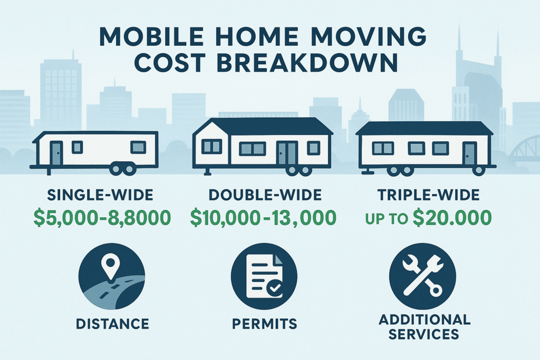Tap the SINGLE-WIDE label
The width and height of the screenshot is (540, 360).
tap(100, 195)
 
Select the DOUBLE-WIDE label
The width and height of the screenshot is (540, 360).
tap(265, 195)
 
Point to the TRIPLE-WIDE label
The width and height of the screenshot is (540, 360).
tap(428, 195)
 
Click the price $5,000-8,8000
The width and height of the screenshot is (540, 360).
tap(102, 218)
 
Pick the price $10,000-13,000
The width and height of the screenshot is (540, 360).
tap(264, 218)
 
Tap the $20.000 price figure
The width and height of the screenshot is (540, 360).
tap(452, 218)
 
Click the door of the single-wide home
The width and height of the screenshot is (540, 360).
tap(56, 153)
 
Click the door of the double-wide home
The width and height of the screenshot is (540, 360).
tap(287, 153)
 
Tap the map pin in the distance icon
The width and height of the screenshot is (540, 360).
tap(110, 267)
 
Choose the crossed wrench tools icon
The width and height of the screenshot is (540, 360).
tap(422, 276)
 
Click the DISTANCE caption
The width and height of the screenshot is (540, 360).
tap(112, 324)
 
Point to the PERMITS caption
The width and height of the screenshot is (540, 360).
tap(265, 324)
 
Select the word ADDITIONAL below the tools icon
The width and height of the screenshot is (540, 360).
tap(425, 319)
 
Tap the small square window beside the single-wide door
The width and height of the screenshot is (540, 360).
tap(77, 147)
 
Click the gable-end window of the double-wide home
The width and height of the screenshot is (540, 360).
tap(211, 147)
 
